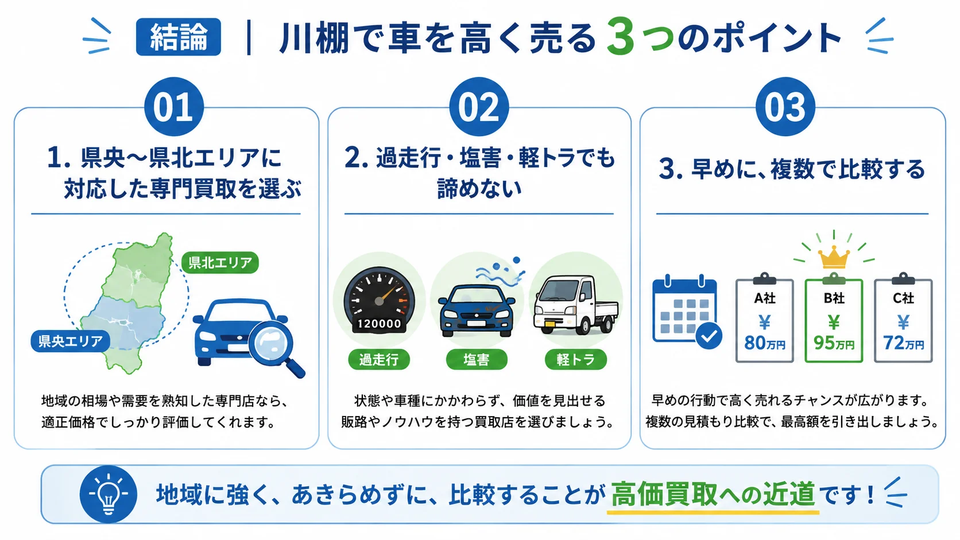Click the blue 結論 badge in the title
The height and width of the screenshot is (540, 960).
(179, 37)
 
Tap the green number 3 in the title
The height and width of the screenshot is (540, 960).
(620, 36)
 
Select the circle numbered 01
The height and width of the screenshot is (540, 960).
(173, 107)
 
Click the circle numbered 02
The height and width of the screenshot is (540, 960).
(479, 107)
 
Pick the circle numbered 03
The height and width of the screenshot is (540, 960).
(785, 107)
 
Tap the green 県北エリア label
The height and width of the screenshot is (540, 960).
(220, 262)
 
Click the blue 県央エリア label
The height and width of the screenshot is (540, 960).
(70, 341)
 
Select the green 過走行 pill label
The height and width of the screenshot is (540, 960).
(379, 359)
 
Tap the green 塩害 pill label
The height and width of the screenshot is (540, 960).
(477, 359)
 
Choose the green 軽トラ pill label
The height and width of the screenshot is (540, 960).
(575, 359)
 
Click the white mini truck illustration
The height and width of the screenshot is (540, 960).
(575, 305)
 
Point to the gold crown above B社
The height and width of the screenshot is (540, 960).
(834, 257)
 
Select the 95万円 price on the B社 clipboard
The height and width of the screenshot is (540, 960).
(834, 343)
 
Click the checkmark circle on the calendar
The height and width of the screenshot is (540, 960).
(709, 336)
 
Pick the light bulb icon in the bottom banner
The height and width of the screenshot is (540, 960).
(109, 494)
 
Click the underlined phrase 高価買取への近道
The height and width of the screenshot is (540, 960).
(713, 495)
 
